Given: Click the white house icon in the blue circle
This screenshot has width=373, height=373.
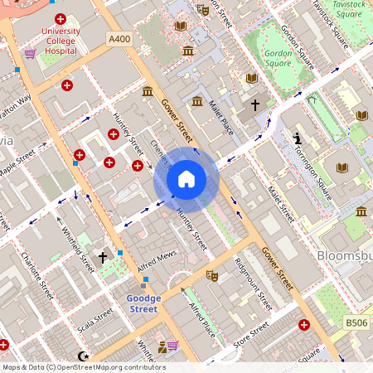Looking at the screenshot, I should pyautogui.click(x=186, y=178).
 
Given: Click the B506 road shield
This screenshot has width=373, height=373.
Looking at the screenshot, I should pyautogui.click(x=356, y=322).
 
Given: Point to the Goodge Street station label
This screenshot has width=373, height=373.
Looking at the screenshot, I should pyautogui.click(x=130, y=303).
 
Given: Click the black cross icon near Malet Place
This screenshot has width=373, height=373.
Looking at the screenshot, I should pyautogui.click(x=255, y=106).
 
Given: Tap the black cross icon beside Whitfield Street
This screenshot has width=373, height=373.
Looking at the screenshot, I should pyautogui.click(x=103, y=258).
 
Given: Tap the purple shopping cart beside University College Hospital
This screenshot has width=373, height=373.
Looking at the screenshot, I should pyautogui.click(x=30, y=54).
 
